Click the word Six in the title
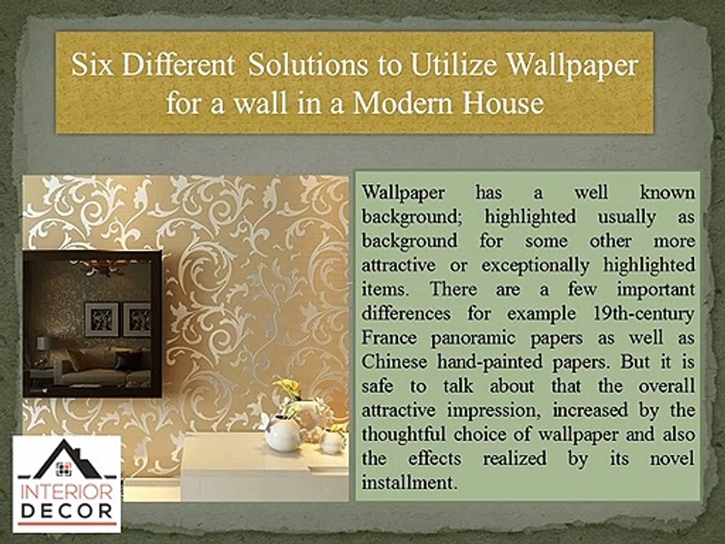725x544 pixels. click(x=92, y=65)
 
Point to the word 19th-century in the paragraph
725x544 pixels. click(x=643, y=314)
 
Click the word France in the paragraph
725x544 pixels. click(x=389, y=338)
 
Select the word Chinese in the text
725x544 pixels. click(x=394, y=362)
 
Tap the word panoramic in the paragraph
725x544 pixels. click(x=473, y=338)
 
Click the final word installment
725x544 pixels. click(x=409, y=483)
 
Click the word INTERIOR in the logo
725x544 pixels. click(x=66, y=492)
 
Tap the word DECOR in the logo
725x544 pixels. click(x=66, y=512)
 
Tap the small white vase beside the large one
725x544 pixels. click(x=332, y=441)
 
